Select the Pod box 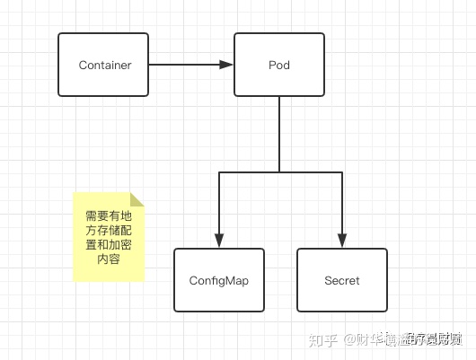(278, 65)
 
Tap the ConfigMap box (218, 280)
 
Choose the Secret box (341, 280)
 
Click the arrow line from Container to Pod (184, 65)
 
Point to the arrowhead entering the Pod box (227, 65)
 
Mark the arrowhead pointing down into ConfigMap (218, 241)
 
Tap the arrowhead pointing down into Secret (341, 241)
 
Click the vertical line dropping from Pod (279, 135)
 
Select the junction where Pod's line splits (279, 171)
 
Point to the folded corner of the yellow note (137, 199)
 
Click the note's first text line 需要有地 (108, 216)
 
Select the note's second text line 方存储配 (108, 231)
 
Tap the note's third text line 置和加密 (108, 245)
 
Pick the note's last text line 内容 (108, 259)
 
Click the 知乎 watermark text (323, 339)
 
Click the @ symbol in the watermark (348, 339)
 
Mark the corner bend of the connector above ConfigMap (218, 171)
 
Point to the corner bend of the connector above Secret (341, 171)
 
